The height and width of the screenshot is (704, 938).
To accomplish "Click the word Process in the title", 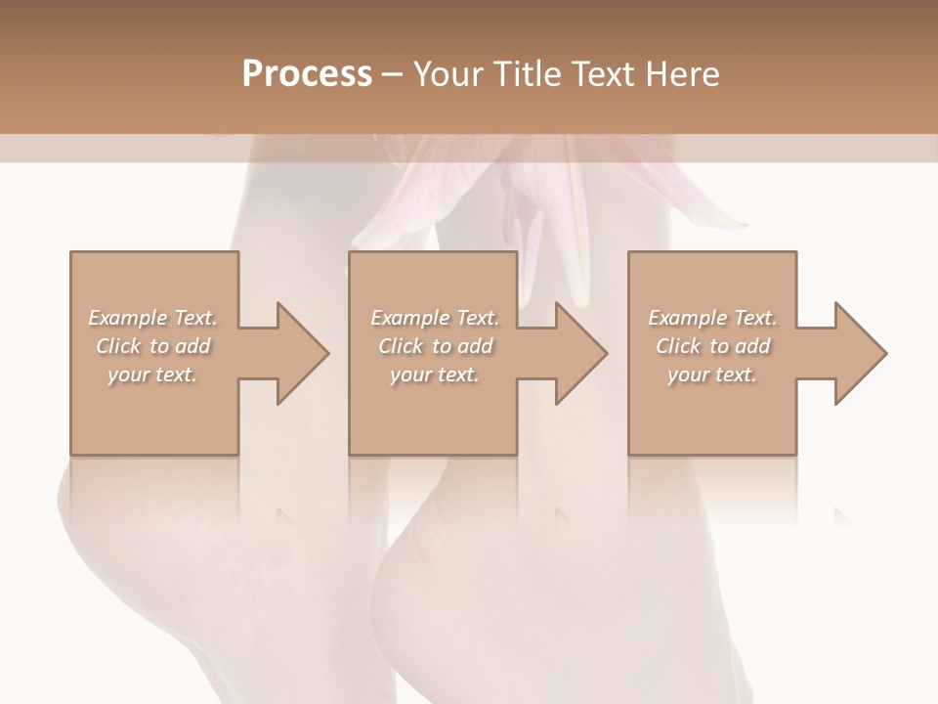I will [307, 73].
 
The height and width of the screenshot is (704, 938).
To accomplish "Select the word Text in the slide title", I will [605, 73].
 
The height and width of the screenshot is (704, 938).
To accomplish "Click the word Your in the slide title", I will [448, 73].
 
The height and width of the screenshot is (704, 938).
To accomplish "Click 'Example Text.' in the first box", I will [152, 318].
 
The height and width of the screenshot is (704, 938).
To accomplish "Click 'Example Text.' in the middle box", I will [435, 318].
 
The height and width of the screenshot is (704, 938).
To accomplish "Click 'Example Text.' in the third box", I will [712, 318].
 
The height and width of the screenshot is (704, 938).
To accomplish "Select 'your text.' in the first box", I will [152, 374].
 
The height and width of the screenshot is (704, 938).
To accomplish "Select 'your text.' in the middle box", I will [435, 374].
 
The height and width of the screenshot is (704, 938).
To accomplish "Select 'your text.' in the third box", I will [712, 374].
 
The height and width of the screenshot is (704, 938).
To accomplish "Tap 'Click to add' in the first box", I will [152, 346].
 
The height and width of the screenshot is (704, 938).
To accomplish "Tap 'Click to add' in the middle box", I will [435, 346].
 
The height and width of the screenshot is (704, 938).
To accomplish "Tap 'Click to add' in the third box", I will [712, 346].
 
